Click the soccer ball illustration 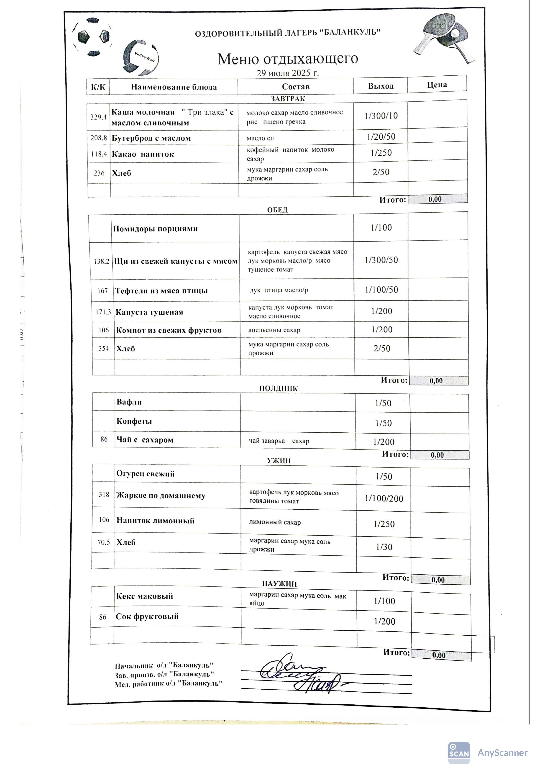click(92, 37)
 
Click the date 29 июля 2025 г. click(288, 73)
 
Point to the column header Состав click(295, 87)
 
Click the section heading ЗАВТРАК click(288, 99)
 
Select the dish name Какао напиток click(143, 154)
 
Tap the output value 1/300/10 click(381, 116)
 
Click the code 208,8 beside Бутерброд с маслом click(99, 138)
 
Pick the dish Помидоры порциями click(156, 229)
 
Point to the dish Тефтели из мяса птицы click(161, 291)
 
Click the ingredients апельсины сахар click(274, 330)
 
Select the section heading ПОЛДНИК click(278, 388)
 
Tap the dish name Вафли click(129, 402)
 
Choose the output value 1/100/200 click(384, 498)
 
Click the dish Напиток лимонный click(156, 521)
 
